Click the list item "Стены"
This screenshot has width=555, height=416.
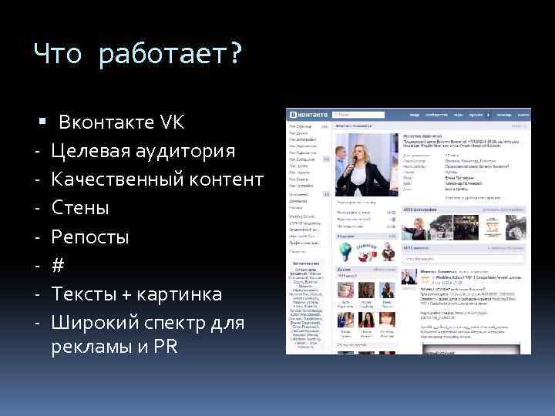pos(80,208)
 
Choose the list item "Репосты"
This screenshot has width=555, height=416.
pos(89,237)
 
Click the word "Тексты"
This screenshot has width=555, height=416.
pos(84,294)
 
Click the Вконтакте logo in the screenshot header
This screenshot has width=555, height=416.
pos(308,113)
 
